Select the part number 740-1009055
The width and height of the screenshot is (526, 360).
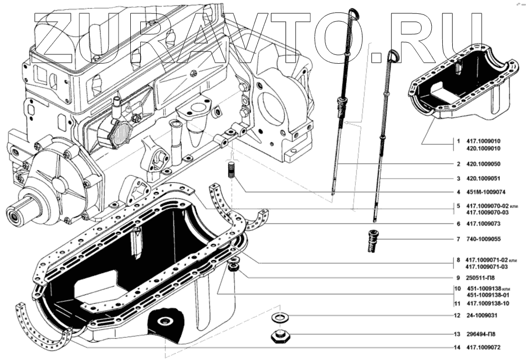click(x=485, y=240)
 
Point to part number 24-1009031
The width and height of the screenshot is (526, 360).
click(x=483, y=316)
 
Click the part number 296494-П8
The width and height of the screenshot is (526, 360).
click(x=482, y=334)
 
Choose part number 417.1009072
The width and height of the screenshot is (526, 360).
click(x=484, y=348)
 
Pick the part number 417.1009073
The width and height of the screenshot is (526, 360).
click(x=484, y=224)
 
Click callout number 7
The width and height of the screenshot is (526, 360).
click(x=458, y=240)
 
